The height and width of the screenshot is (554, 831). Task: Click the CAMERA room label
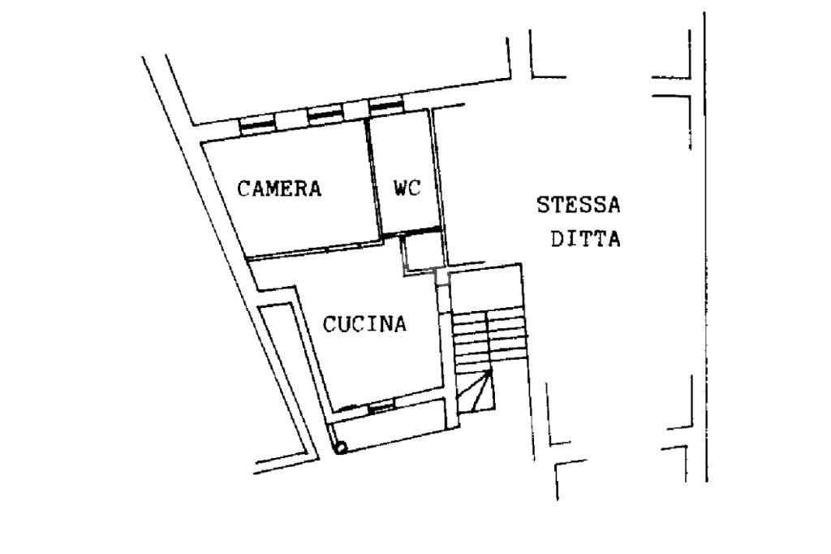(x=279, y=188)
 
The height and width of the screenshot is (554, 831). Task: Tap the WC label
(x=407, y=188)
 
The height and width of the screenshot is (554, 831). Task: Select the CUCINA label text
(x=364, y=323)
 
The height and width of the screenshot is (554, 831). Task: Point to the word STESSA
(x=578, y=205)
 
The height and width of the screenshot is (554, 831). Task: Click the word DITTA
(x=586, y=239)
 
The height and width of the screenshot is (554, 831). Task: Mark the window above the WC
(x=386, y=106)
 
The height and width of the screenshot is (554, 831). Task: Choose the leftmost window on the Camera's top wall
(x=257, y=123)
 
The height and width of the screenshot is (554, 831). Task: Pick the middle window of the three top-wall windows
(x=325, y=114)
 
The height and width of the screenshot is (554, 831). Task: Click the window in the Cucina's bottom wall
(x=381, y=408)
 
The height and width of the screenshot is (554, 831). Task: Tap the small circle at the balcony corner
(x=341, y=448)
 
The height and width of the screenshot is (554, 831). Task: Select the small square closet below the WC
(x=422, y=253)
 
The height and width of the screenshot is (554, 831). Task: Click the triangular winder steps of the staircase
(x=476, y=391)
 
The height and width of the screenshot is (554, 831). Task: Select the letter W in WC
(x=400, y=188)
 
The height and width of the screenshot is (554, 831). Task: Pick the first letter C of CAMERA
(x=243, y=189)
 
